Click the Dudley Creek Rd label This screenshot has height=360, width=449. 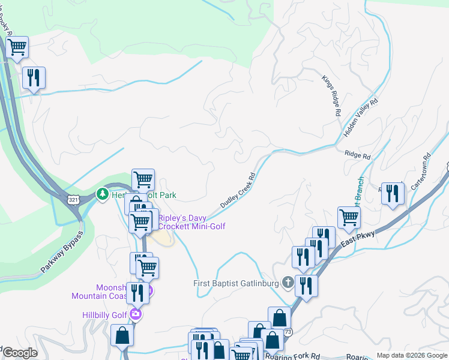pos(238,191)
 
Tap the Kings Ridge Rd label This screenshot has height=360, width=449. pos(331,96)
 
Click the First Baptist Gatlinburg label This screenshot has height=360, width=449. pos(237,283)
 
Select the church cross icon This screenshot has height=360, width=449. pos(288,282)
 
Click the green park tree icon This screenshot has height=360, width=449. pos(103,194)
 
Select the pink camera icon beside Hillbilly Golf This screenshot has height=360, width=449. pos(136,313)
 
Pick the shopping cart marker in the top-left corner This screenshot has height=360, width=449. pos(17,46)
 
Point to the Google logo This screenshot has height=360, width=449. pos(19,353)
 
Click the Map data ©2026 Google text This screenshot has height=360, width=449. pos(411,355)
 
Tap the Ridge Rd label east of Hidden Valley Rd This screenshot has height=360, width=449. pos(358,155)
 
